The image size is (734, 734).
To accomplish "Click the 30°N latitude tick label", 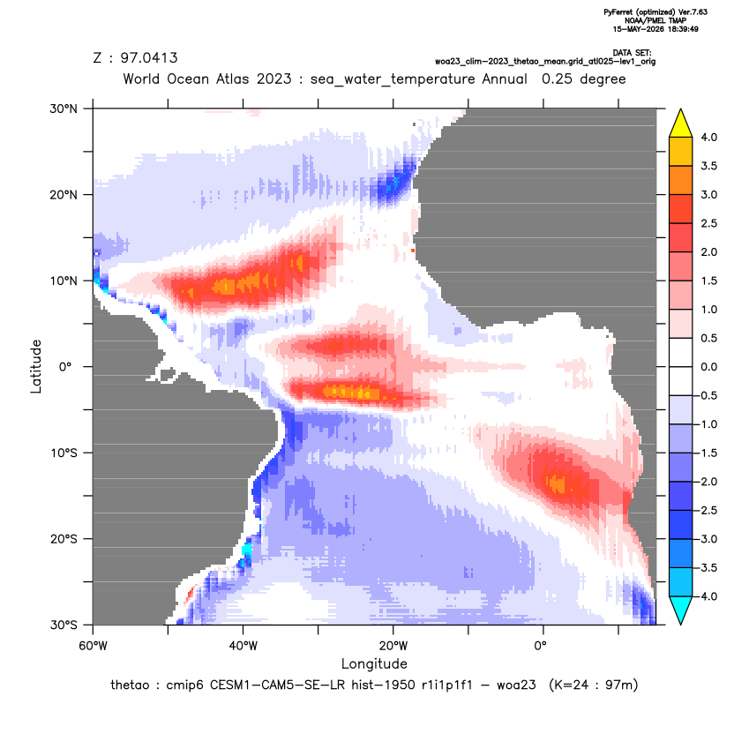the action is (x=64, y=109).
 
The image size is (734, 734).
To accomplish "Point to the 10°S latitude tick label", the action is (x=64, y=453).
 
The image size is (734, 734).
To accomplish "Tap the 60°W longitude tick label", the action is (x=94, y=646).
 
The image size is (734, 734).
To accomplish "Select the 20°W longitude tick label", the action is (x=393, y=646).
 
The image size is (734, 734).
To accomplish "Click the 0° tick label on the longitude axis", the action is (x=541, y=646).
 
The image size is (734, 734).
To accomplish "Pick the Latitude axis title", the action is (x=36, y=366).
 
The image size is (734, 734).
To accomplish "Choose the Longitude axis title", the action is (x=374, y=663).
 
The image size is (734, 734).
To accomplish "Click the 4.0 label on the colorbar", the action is (x=708, y=137).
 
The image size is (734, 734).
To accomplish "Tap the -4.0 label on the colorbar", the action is (x=707, y=596).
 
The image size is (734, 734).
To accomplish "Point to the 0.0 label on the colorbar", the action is (x=708, y=367).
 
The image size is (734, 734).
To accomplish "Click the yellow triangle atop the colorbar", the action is (x=681, y=124).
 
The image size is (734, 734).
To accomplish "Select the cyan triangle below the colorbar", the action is (x=681, y=610).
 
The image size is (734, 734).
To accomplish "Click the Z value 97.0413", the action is (x=149, y=58).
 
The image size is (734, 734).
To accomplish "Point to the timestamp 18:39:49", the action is (x=682, y=29).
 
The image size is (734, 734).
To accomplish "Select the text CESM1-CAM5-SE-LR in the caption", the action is (x=277, y=685).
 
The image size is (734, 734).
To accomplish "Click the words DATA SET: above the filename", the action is (x=632, y=53).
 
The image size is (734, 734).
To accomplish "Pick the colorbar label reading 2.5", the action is (x=708, y=223).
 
